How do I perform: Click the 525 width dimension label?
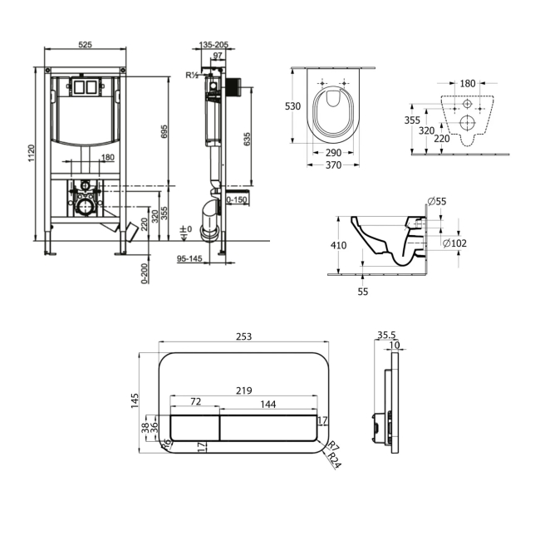pos(85,44)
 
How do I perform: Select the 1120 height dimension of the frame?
pos(32,153)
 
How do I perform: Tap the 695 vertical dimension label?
pos(164,131)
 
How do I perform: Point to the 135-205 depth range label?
pos(214,45)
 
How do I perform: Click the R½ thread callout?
pos(192,75)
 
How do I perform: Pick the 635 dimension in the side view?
pos(247,139)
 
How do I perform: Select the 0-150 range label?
pos(237,199)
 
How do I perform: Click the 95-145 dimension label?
pos(189,258)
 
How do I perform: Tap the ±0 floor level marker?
pos(186,229)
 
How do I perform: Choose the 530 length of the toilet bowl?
pos(292,106)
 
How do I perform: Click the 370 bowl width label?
pos(333,165)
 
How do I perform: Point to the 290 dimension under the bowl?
pos(333,153)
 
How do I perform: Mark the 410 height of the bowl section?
pos(338,245)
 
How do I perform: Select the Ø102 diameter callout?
pos(454,243)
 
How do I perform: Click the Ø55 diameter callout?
pos(437,201)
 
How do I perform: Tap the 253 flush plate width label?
pos(243,336)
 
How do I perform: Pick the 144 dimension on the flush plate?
pos(268,404)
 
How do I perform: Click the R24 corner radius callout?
pos(334,460)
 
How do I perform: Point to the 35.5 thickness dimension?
pos(386,335)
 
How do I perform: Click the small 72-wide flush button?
pos(195,428)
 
